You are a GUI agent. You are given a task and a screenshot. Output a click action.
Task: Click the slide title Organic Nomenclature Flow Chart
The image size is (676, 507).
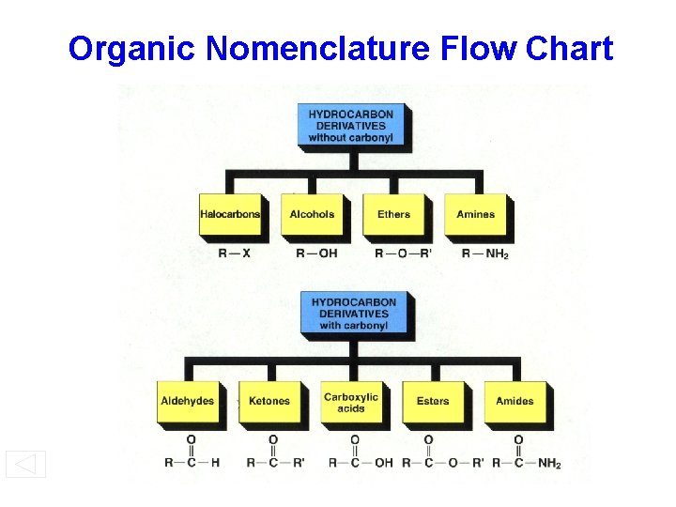coord(340,48)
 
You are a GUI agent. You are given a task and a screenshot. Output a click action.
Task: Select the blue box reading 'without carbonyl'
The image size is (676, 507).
coord(350,126)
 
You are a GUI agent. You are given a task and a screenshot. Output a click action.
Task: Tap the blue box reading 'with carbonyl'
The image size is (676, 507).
coord(353,314)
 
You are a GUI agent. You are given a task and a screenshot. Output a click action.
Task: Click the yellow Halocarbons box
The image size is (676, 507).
coord(230,215)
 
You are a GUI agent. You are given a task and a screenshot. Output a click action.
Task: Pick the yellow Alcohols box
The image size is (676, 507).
coord(312,215)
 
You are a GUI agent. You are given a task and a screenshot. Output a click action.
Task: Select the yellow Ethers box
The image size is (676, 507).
coord(393,215)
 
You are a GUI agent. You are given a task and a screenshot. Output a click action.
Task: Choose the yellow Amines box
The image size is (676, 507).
coord(475,215)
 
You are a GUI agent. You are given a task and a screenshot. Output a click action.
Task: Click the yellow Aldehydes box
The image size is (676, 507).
coord(188,402)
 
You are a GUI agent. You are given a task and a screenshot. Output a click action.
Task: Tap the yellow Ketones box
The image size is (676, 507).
coord(269,402)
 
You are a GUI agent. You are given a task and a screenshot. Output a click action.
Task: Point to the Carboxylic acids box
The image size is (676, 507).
coord(351,402)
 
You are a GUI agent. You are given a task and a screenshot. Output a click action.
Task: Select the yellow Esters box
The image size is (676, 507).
coord(433,402)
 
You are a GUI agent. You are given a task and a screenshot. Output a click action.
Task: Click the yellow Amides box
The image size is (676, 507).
coord(515,402)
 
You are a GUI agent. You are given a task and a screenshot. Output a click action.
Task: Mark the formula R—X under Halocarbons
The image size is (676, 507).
coord(234,253)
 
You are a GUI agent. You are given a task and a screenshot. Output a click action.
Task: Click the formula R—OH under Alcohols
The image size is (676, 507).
coord(315,253)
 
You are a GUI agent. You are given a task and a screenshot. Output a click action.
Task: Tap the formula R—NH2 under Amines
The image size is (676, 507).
coord(484,253)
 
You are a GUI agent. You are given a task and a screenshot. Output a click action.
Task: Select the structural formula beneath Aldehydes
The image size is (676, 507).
coord(192,452)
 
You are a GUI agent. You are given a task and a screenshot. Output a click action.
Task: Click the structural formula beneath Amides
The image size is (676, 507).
coord(527,452)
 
